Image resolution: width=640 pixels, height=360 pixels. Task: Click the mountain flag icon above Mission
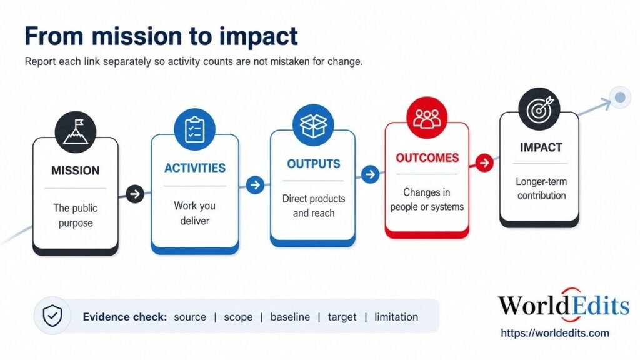(76, 132)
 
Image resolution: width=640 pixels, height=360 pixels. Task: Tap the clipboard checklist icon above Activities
(195, 129)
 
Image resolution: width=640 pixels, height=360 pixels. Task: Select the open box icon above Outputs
(314, 125)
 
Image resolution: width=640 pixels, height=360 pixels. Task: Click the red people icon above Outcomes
(427, 117)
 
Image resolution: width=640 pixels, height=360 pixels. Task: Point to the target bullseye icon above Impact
(539, 109)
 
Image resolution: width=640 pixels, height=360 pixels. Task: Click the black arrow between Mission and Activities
(135, 194)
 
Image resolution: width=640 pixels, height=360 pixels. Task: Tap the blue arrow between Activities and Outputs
(255, 185)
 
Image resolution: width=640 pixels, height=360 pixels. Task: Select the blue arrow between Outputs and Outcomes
(370, 174)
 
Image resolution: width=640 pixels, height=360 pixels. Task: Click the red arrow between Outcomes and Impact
(484, 163)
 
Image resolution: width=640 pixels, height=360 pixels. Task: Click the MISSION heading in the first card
(76, 170)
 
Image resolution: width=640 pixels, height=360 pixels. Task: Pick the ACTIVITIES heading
(195, 167)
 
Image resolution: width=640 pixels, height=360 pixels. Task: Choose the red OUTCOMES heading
(427, 157)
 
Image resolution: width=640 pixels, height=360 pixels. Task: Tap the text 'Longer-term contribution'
(541, 189)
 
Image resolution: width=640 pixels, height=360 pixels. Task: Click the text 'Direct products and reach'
(314, 206)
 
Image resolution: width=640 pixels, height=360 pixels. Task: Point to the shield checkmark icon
(52, 316)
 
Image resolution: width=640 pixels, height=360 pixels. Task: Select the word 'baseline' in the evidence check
(290, 317)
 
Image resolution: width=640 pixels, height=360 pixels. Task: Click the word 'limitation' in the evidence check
(396, 317)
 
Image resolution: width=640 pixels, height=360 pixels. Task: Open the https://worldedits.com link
(555, 333)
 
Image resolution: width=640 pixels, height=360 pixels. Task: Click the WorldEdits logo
(564, 305)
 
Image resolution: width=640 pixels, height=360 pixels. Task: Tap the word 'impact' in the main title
(258, 37)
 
